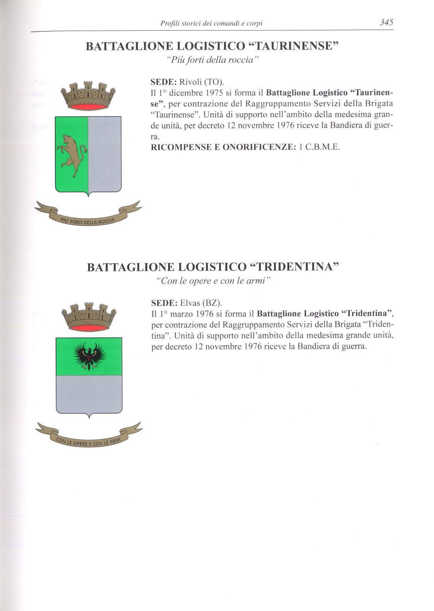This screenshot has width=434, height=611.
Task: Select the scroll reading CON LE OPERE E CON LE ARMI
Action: [x=89, y=439]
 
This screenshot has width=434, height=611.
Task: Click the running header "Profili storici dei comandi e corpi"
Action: [x=211, y=23]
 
